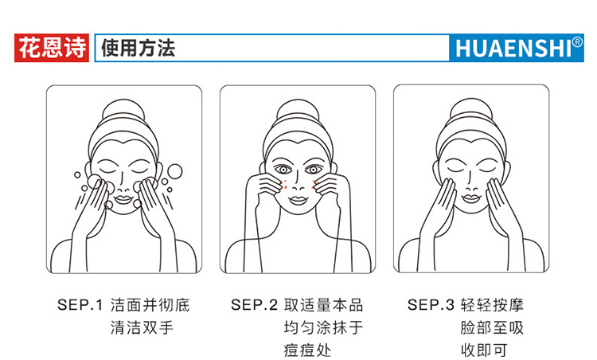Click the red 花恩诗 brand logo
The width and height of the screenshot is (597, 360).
[x=52, y=48]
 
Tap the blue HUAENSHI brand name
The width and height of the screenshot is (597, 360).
[x=513, y=49]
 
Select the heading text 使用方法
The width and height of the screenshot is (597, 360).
[x=138, y=48]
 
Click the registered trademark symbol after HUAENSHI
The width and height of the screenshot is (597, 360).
[x=577, y=41]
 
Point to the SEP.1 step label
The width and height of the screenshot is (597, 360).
[x=80, y=305]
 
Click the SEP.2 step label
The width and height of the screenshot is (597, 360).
[x=255, y=305]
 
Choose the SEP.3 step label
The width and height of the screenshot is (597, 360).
[x=431, y=305]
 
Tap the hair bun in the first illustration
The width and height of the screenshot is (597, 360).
[x=123, y=111]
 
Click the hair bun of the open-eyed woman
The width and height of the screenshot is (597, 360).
[x=298, y=111]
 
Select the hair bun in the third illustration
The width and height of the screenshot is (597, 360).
[x=471, y=110]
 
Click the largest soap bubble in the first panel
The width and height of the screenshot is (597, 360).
[x=175, y=171]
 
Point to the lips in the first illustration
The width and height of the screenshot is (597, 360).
[x=123, y=199]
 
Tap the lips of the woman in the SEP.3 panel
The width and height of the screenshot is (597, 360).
[x=471, y=198]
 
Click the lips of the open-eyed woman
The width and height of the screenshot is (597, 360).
[x=298, y=200]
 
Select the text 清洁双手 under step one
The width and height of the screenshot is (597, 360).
[x=142, y=327]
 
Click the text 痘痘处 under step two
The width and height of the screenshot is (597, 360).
[x=307, y=350]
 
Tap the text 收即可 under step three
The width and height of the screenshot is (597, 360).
[x=484, y=350]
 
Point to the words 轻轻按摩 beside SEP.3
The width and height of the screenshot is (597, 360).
[x=492, y=305]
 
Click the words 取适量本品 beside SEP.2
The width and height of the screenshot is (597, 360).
[x=324, y=305]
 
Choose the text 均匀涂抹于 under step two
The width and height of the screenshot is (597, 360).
[x=324, y=327]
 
